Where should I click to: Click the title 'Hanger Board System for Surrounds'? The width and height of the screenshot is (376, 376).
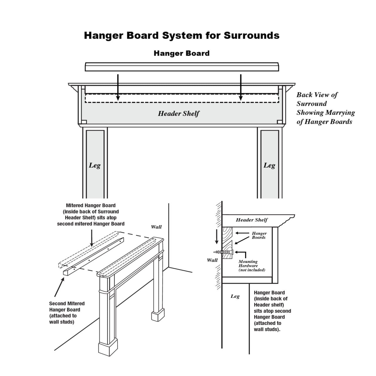click(182, 36)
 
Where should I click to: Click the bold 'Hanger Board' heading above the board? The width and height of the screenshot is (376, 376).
click(182, 53)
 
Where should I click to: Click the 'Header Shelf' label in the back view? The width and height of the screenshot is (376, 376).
click(179, 113)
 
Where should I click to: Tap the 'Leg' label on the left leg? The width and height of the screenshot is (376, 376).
click(95, 165)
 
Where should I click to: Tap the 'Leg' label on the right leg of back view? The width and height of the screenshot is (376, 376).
click(269, 165)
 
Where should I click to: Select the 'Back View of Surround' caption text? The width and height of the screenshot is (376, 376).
click(325, 108)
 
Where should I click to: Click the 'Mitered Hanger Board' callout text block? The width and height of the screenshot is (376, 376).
click(91, 215)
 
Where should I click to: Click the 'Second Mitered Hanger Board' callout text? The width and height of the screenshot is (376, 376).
click(67, 313)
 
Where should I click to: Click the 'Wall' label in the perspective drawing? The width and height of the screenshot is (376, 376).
click(156, 227)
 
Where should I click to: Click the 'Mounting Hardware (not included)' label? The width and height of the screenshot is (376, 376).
click(251, 266)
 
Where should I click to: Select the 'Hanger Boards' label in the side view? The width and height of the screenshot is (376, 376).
click(259, 235)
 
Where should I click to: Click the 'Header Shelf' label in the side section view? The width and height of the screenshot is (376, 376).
click(252, 220)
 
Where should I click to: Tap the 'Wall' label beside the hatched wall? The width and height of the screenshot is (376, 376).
click(212, 260)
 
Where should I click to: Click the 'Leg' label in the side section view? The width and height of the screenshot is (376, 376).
click(235, 296)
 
